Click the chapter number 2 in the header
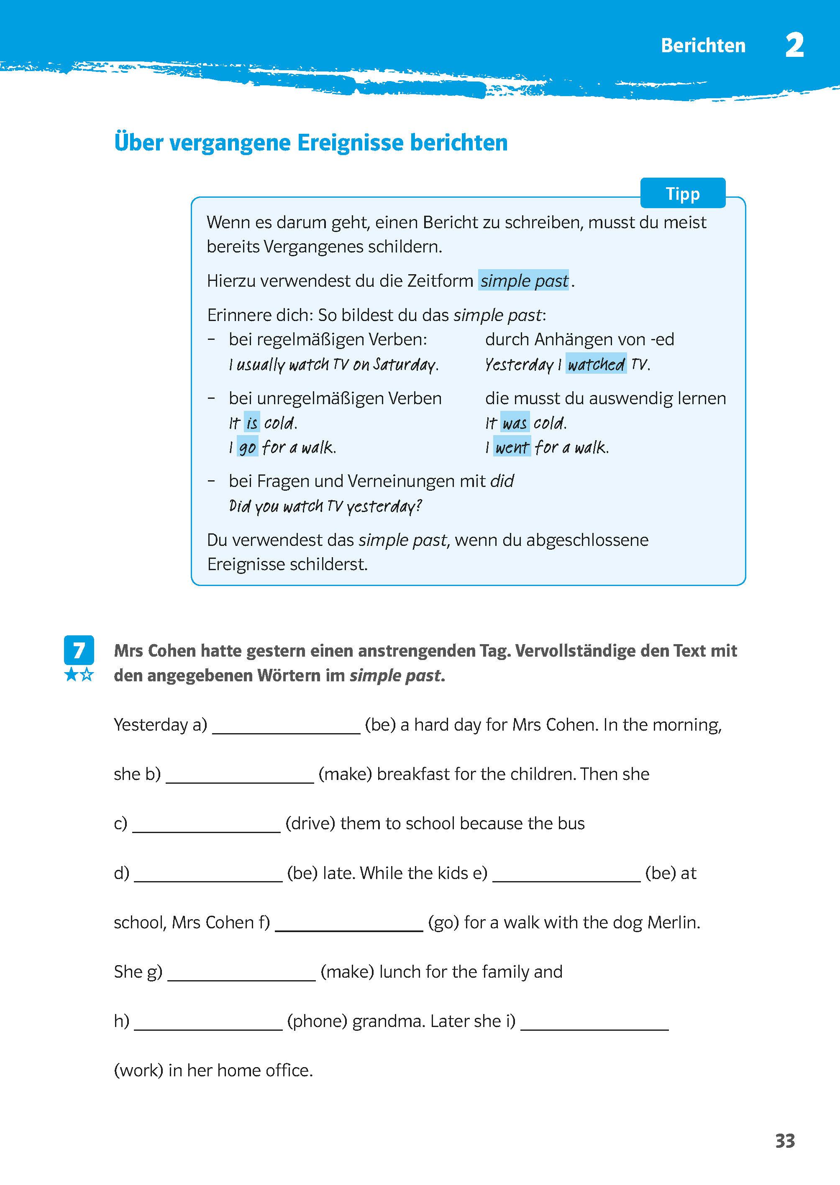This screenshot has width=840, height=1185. click(x=794, y=46)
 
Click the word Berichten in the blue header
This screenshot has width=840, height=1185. click(x=703, y=46)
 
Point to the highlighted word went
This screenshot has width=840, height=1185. click(x=512, y=447)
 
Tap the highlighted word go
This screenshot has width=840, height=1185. click(x=247, y=447)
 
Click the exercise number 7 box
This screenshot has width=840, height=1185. click(x=79, y=650)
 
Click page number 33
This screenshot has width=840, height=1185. click(x=785, y=1141)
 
